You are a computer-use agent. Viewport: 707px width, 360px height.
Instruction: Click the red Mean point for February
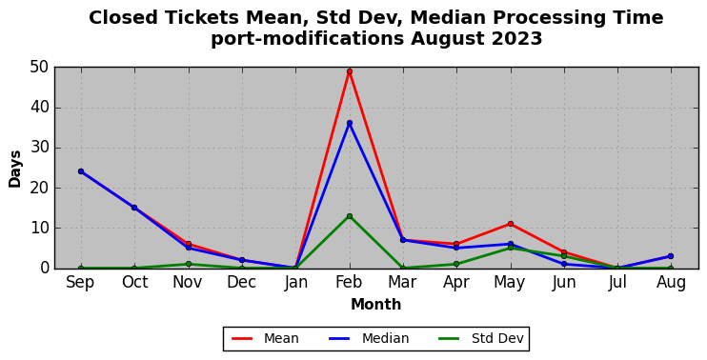point(350,71)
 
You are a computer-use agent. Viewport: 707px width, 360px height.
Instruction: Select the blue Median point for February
point(350,123)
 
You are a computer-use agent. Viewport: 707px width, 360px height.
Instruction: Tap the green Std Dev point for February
point(350,216)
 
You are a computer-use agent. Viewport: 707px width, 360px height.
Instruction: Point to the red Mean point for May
point(511,224)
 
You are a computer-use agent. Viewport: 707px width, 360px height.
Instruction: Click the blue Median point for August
point(671,256)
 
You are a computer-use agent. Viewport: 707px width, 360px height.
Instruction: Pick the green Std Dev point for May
point(511,248)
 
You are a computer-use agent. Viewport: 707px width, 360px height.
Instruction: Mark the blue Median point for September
point(81,171)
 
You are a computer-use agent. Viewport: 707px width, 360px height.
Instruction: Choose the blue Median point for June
point(564,264)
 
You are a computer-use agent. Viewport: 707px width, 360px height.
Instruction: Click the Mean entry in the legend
point(265,338)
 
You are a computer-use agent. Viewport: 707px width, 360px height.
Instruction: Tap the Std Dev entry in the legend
point(481,338)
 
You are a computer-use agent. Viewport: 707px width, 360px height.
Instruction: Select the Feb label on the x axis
point(350,283)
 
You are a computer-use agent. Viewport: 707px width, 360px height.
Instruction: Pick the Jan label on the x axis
point(295,283)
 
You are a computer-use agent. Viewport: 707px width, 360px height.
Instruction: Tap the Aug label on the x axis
point(671,284)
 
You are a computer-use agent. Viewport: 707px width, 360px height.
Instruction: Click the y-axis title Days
point(15,169)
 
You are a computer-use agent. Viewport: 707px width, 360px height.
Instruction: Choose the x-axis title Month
point(376,305)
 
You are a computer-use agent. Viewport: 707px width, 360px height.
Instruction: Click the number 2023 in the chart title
point(516,39)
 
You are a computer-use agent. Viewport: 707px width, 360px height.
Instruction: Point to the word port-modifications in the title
point(308,40)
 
